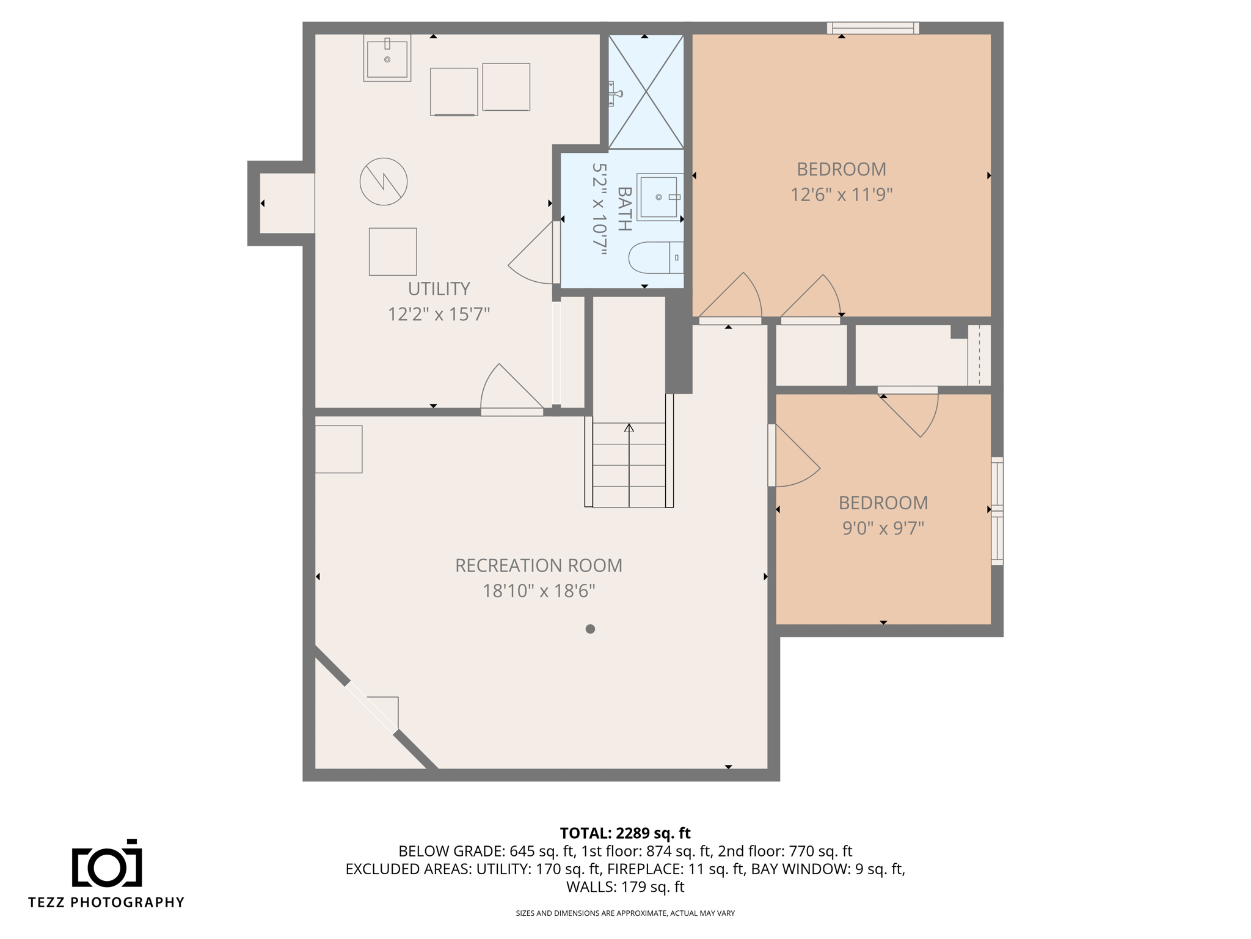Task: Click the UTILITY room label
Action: point(439,289)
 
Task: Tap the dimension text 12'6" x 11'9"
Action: point(841,195)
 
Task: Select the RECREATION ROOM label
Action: point(538,565)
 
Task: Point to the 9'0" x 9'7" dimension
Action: point(883,528)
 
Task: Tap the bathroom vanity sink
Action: point(658,197)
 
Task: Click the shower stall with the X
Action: point(646,92)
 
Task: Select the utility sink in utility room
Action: point(387,58)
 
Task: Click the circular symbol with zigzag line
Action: point(384,182)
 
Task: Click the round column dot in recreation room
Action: point(590,629)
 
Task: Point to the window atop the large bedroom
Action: point(873,28)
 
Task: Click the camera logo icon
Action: point(107,863)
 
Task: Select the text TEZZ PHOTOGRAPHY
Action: point(106,902)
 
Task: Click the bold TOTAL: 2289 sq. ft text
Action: point(625,833)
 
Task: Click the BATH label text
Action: point(624,208)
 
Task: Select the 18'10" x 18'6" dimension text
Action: point(538,591)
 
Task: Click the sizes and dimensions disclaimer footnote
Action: point(625,913)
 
